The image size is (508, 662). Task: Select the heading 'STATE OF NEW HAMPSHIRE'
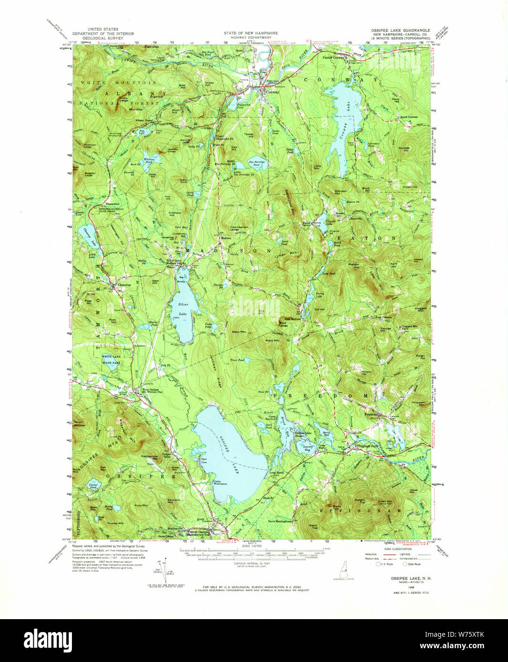tap(251, 33)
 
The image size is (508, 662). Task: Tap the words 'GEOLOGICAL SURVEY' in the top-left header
tap(102, 38)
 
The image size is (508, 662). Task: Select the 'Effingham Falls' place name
tap(366, 446)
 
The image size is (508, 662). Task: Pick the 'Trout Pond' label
tap(237, 360)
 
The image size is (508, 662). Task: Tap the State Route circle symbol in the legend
tap(405, 564)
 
